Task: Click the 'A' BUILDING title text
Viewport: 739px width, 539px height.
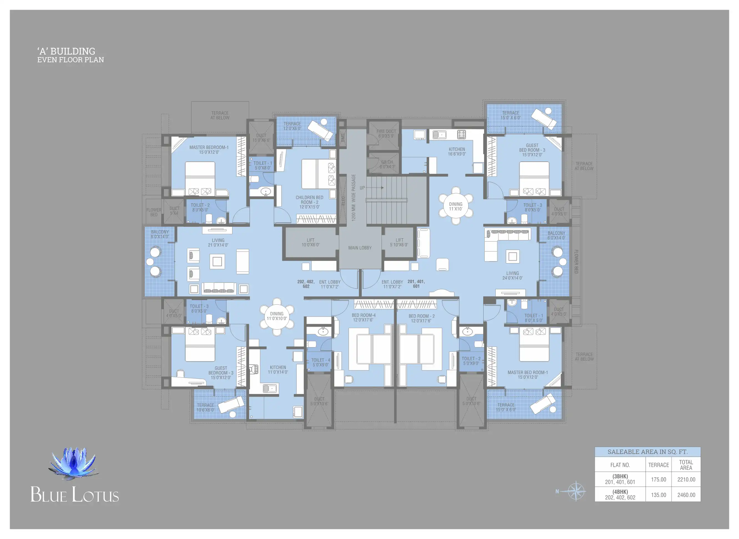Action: point(66,51)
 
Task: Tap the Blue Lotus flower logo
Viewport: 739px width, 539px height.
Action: point(74,463)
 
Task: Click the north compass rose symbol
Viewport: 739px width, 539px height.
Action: point(576,491)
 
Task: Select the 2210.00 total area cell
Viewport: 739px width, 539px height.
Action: point(686,480)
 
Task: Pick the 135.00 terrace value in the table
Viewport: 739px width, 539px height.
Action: point(658,495)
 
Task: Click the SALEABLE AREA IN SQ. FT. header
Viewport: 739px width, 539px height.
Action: point(647,452)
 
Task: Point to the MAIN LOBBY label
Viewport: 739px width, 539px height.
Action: point(360,248)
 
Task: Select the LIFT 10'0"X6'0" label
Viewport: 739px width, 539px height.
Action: point(310,242)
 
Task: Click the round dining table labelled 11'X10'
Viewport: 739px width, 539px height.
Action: point(456,206)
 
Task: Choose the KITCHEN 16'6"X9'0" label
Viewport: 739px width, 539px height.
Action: point(457,152)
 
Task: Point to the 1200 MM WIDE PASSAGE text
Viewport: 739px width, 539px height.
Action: point(353,197)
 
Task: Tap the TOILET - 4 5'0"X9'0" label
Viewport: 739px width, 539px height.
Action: point(320,362)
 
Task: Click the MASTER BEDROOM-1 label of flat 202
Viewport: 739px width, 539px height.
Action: point(209,150)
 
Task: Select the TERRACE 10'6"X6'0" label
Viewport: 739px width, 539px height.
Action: point(205,408)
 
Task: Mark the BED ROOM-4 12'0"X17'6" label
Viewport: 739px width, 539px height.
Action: point(363,317)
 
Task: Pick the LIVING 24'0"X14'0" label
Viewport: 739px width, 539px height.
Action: point(512,276)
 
